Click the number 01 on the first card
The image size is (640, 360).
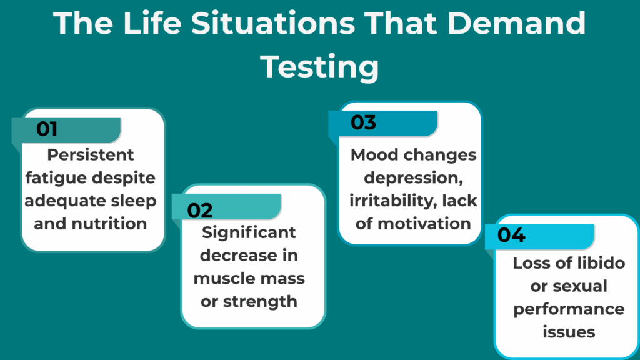[47, 129]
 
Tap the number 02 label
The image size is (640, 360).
[200, 210]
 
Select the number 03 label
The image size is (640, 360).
[363, 122]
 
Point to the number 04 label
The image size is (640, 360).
[511, 236]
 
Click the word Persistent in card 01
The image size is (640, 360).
[91, 154]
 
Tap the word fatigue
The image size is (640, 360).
[52, 177]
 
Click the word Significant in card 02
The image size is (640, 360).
[249, 232]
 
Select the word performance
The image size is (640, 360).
[569, 309]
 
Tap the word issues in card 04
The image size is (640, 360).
[569, 331]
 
